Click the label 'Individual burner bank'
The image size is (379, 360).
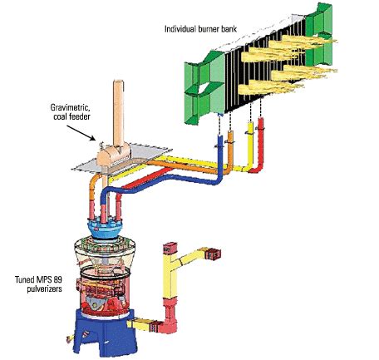point(200,29)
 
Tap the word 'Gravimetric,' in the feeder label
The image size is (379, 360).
point(70,107)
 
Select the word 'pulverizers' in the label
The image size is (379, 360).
point(45,288)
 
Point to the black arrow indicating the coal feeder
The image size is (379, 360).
point(81,133)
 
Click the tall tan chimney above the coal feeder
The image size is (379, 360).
point(118,114)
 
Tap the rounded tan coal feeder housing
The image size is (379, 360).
point(114,156)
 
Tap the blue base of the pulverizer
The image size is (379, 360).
point(104,333)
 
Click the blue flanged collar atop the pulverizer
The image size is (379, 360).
point(105,229)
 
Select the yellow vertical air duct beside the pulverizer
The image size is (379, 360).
point(169,274)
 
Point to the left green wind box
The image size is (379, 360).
point(204,87)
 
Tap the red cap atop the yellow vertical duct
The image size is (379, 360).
point(170,248)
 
